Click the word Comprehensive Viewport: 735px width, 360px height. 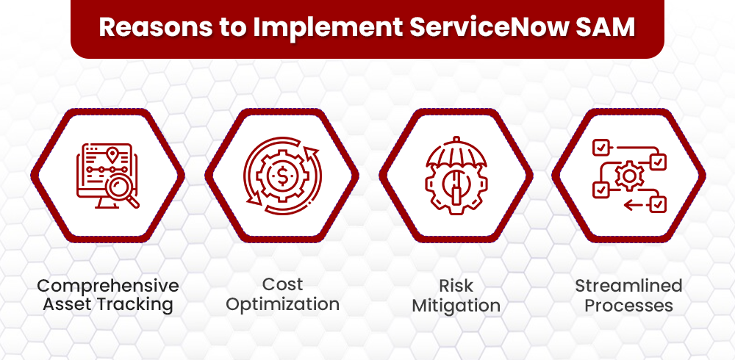click(108, 285)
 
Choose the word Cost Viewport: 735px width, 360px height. click(282, 284)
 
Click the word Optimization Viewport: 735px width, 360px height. click(282, 304)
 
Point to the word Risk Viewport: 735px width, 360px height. click(456, 286)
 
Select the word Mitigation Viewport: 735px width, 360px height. click(456, 305)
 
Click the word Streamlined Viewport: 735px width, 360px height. click(628, 285)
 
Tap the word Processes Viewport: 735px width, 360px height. click(628, 304)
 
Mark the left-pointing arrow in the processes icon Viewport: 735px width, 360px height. click(632, 205)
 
